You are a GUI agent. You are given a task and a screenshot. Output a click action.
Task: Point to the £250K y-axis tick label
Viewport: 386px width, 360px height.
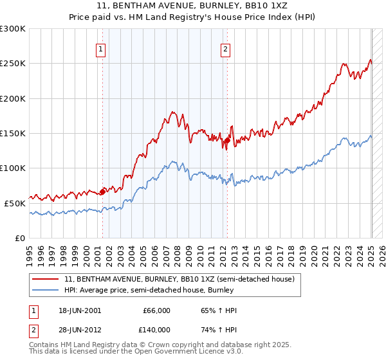[13, 64]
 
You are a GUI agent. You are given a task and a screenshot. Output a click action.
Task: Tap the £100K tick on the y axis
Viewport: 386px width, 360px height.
[13, 168]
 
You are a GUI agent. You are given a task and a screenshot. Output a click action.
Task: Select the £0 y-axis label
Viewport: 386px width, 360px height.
[20, 238]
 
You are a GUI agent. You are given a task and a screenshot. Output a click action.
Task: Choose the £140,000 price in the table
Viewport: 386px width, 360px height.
[156, 329]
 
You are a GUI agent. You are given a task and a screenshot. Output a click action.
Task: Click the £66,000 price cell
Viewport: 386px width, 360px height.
[156, 310]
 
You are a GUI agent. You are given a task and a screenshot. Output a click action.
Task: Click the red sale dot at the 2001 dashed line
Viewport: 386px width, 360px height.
[102, 192]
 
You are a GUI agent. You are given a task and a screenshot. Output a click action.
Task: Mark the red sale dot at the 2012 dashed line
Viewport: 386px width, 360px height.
[227, 140]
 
